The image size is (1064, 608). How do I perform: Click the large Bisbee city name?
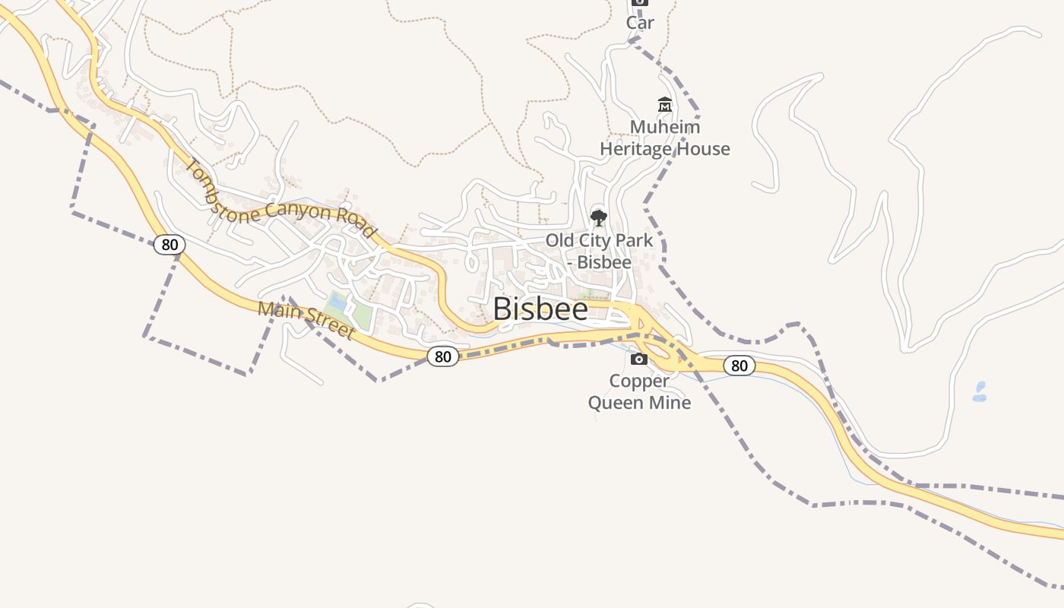tap(540, 309)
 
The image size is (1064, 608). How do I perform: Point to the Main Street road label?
tap(306, 320)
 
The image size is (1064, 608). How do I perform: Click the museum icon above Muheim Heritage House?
tap(665, 105)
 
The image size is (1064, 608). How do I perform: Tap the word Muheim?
tap(665, 127)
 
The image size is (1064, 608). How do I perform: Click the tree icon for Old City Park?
tap(599, 218)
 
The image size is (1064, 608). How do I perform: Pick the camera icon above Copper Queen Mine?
tap(639, 359)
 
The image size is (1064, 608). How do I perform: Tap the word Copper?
tap(639, 381)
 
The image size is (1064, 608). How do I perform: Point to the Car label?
tap(640, 23)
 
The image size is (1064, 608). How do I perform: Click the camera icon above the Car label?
tap(640, 2)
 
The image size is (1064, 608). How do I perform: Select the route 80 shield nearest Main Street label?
tap(442, 356)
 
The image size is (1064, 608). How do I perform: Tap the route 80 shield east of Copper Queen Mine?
tap(739, 366)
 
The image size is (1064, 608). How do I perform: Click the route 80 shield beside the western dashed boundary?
tap(169, 245)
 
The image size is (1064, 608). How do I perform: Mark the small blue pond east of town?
tap(980, 392)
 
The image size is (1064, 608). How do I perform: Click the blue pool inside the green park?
tap(337, 302)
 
